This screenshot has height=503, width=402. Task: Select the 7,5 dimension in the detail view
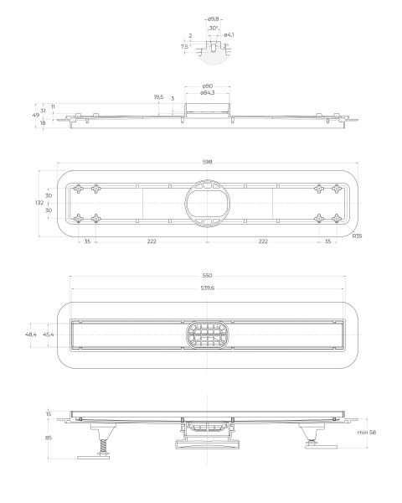[x=184, y=47]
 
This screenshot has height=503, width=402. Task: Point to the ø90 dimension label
[x=206, y=86]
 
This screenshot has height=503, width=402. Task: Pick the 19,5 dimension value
[x=158, y=97]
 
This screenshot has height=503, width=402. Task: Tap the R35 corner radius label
[x=358, y=237]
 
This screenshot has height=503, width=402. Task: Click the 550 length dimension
[x=206, y=275]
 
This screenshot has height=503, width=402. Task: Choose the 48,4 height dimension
[x=32, y=334]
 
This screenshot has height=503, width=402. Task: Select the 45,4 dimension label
[x=50, y=334]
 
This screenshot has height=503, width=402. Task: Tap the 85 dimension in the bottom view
[x=49, y=436]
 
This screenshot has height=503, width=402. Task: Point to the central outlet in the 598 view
[x=206, y=203]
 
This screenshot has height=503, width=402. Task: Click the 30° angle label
[x=214, y=28]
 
